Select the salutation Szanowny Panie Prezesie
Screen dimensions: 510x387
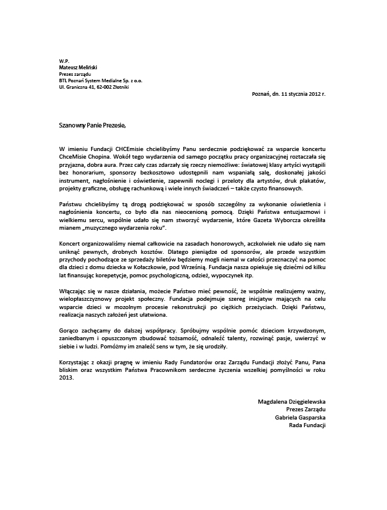click(93, 125)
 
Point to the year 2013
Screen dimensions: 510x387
click(66, 377)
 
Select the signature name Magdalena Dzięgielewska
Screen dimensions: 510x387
click(291, 401)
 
